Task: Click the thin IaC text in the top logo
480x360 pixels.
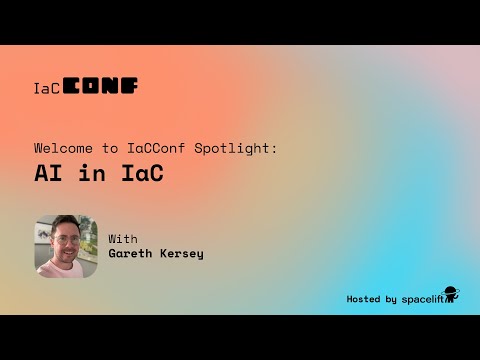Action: coord(47,88)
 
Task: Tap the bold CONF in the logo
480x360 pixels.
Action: coord(101,86)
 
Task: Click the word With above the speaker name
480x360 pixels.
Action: coord(123,239)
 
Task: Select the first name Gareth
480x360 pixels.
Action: coord(132,254)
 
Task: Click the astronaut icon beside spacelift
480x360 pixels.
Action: coord(451,296)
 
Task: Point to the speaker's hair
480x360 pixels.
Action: coord(67,225)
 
